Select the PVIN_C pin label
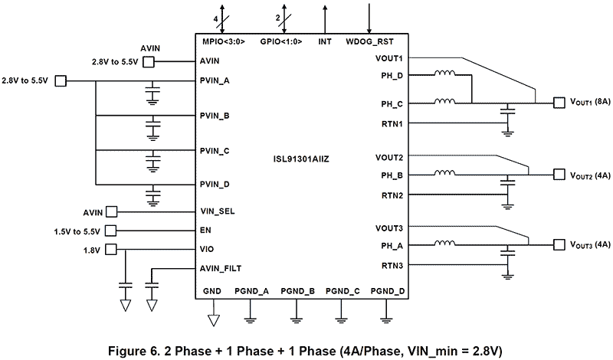pos(215,150)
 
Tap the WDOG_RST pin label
pos(370,41)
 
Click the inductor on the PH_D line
pos(444,75)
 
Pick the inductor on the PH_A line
pos(444,245)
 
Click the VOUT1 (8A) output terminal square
pos(558,102)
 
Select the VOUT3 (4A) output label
pos(590,245)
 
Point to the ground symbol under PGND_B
pos(297,316)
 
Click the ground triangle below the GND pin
pos(213,316)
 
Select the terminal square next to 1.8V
pos(111,249)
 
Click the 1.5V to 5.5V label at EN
pos(77,231)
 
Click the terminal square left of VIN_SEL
pos(111,211)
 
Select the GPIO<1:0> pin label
pos(280,41)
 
